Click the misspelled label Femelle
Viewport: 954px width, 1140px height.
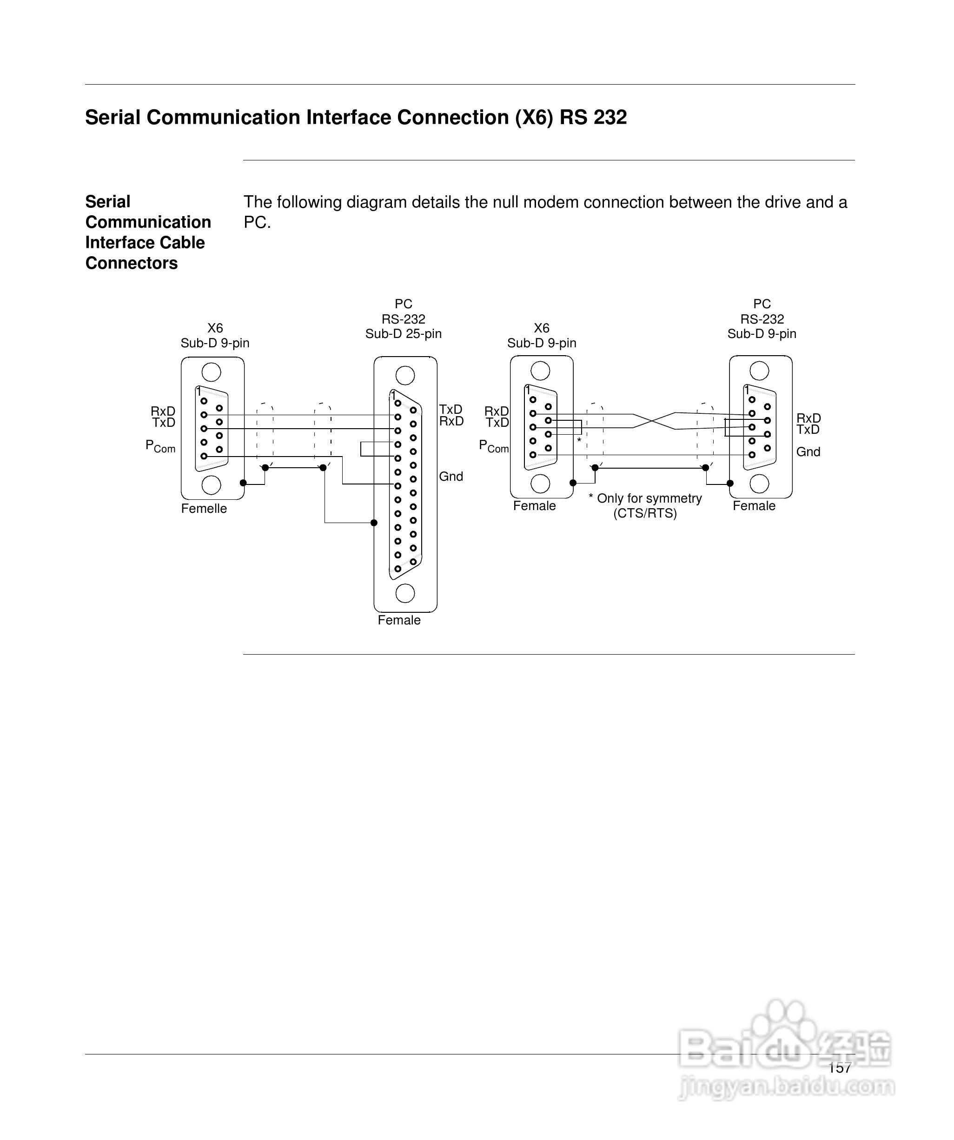click(x=204, y=509)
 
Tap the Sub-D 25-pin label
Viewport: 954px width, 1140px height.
click(x=403, y=334)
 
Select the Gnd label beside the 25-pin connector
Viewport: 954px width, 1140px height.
click(x=450, y=477)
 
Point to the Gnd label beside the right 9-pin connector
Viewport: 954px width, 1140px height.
click(x=808, y=451)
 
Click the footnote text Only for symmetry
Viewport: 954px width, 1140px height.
click(x=649, y=498)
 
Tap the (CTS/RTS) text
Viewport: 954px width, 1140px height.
click(x=645, y=514)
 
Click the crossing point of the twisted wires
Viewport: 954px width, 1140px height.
click(x=654, y=421)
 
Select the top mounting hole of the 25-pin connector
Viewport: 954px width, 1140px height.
click(x=405, y=375)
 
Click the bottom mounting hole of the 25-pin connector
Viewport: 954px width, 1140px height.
click(x=405, y=593)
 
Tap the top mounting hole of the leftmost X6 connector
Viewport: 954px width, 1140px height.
click(x=211, y=372)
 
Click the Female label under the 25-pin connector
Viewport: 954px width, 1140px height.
click(x=399, y=620)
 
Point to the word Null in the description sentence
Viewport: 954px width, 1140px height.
click(x=509, y=203)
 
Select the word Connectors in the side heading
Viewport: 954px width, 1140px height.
click(x=132, y=263)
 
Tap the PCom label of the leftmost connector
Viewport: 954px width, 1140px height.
click(x=160, y=446)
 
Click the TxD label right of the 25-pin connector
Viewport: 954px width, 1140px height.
click(x=450, y=409)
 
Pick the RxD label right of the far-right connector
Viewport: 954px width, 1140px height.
click(x=808, y=418)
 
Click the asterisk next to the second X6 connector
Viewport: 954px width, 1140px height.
click(x=579, y=440)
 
